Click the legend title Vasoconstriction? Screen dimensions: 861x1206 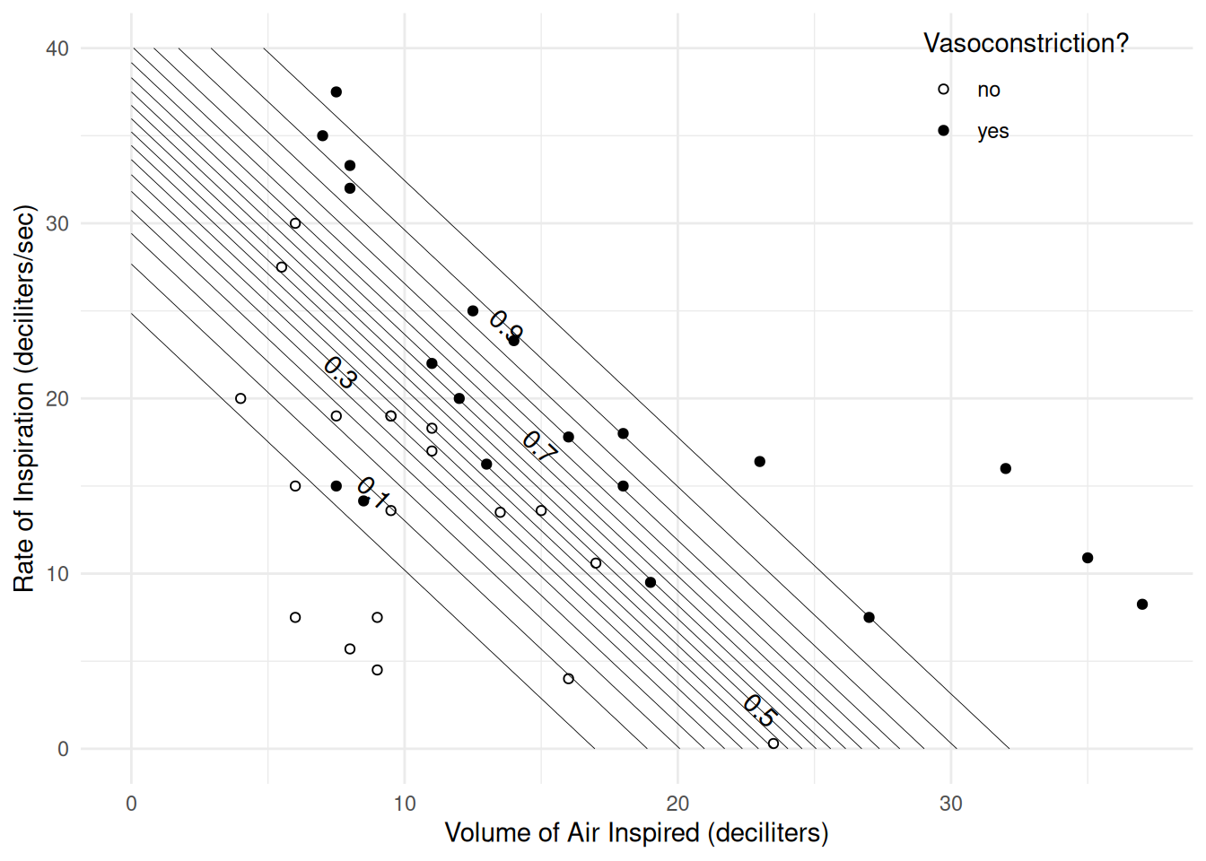(x=1026, y=43)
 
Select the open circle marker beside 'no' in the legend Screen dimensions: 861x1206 (x=943, y=90)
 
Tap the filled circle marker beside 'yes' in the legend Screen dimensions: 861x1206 (x=943, y=131)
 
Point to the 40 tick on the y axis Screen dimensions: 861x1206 (x=57, y=48)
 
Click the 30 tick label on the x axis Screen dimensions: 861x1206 (x=950, y=804)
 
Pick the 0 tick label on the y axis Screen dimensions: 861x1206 (x=63, y=749)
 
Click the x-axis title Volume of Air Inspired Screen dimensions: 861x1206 (x=636, y=833)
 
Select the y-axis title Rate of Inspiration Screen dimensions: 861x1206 (x=24, y=398)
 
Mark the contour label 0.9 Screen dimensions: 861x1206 (x=506, y=326)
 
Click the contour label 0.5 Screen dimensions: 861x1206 (x=759, y=710)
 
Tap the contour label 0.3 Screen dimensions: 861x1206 (x=340, y=372)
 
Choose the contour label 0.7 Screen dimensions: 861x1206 (x=539, y=446)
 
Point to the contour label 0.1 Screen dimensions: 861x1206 (x=373, y=492)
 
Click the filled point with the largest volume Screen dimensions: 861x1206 (x=1142, y=604)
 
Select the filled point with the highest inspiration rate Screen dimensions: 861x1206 (x=336, y=92)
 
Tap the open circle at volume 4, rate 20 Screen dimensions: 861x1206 (x=240, y=398)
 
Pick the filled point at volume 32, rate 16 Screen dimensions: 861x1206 (x=1006, y=469)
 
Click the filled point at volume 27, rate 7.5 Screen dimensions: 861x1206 (x=869, y=618)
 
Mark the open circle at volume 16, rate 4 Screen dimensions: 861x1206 (x=568, y=679)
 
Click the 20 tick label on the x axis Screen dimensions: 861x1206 (x=677, y=804)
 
